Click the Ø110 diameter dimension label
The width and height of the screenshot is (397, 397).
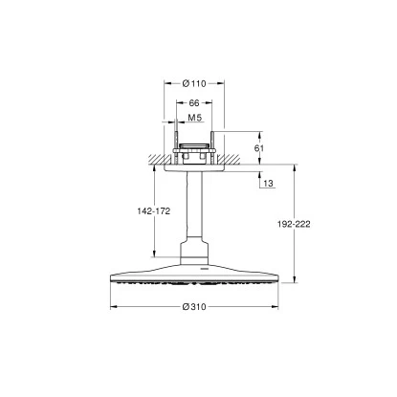click(194, 83)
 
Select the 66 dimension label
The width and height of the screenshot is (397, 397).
click(194, 102)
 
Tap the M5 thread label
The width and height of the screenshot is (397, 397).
click(195, 118)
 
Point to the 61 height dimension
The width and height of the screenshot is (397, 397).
click(259, 148)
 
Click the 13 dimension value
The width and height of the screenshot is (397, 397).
click(269, 184)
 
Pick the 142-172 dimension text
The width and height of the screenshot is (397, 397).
click(154, 211)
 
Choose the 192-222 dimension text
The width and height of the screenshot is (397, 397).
click(294, 224)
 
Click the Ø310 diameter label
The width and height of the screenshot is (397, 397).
click(194, 307)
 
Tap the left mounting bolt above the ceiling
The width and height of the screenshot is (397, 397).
click(176, 146)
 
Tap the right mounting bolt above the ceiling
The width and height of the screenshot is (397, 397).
click(211, 146)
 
